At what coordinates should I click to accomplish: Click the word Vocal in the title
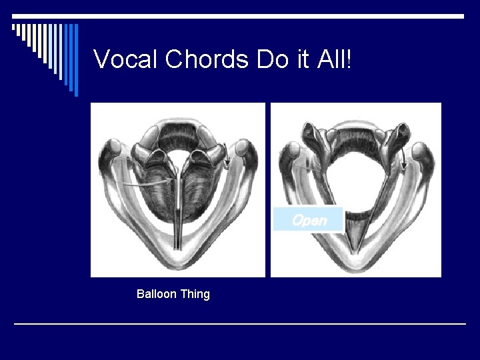[125, 59]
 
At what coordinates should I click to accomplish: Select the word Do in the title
[270, 59]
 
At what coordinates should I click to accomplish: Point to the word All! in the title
[334, 59]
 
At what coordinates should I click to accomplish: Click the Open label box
[309, 220]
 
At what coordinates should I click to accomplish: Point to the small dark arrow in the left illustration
[227, 155]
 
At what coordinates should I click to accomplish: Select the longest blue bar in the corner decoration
[76, 60]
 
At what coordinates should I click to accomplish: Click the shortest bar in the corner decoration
[13, 28]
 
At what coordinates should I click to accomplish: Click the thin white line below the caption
[240, 324]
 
